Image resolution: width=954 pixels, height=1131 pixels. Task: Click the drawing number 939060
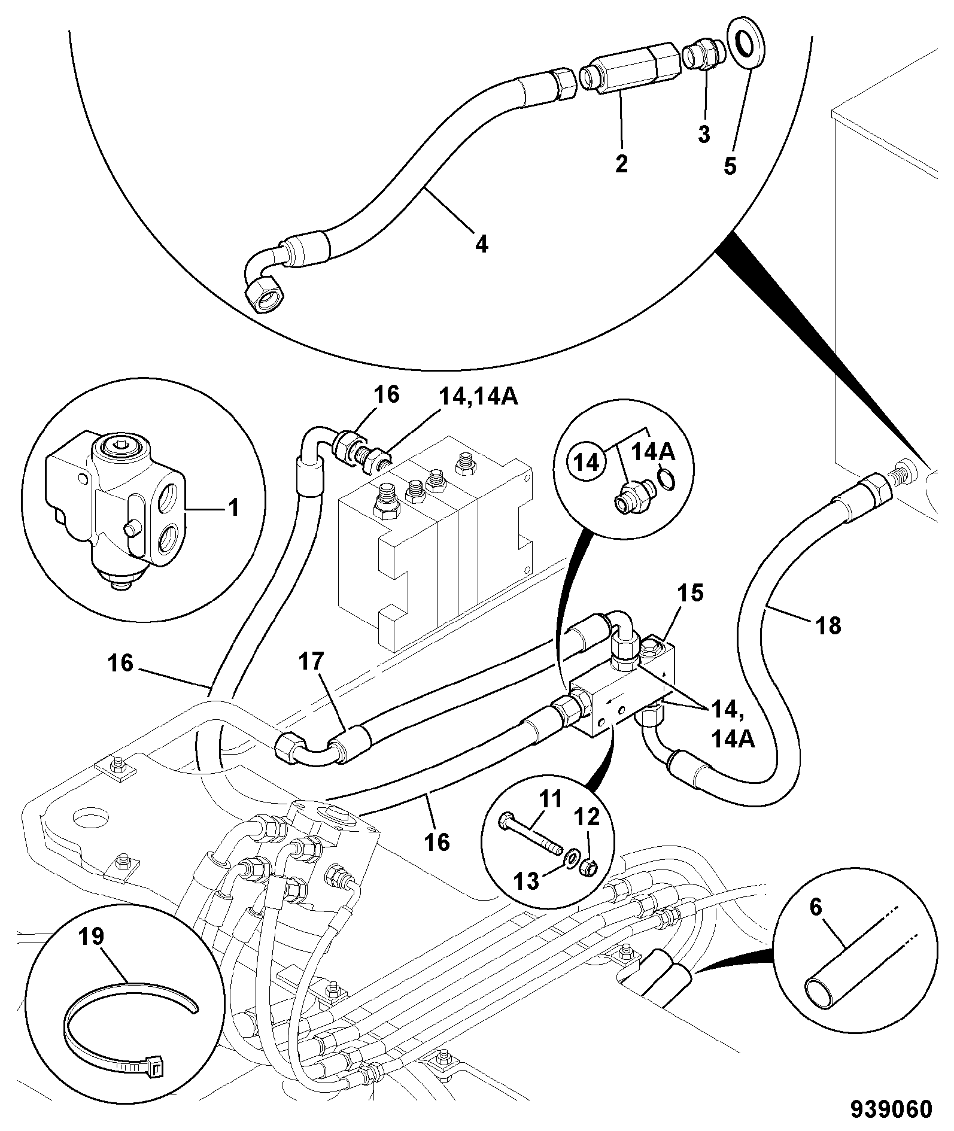pos(892,1108)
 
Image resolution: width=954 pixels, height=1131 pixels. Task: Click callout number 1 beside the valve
pos(233,509)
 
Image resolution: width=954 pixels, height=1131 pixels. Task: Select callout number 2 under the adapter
pos(621,163)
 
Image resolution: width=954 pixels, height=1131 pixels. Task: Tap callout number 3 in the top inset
pos(704,133)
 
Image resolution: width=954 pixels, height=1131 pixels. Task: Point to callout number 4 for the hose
pos(482,243)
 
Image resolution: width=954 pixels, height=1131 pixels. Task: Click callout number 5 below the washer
pos(730,165)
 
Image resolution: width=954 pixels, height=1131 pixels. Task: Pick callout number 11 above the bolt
pos(550,799)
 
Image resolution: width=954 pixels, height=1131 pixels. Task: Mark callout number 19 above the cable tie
pos(92,937)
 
